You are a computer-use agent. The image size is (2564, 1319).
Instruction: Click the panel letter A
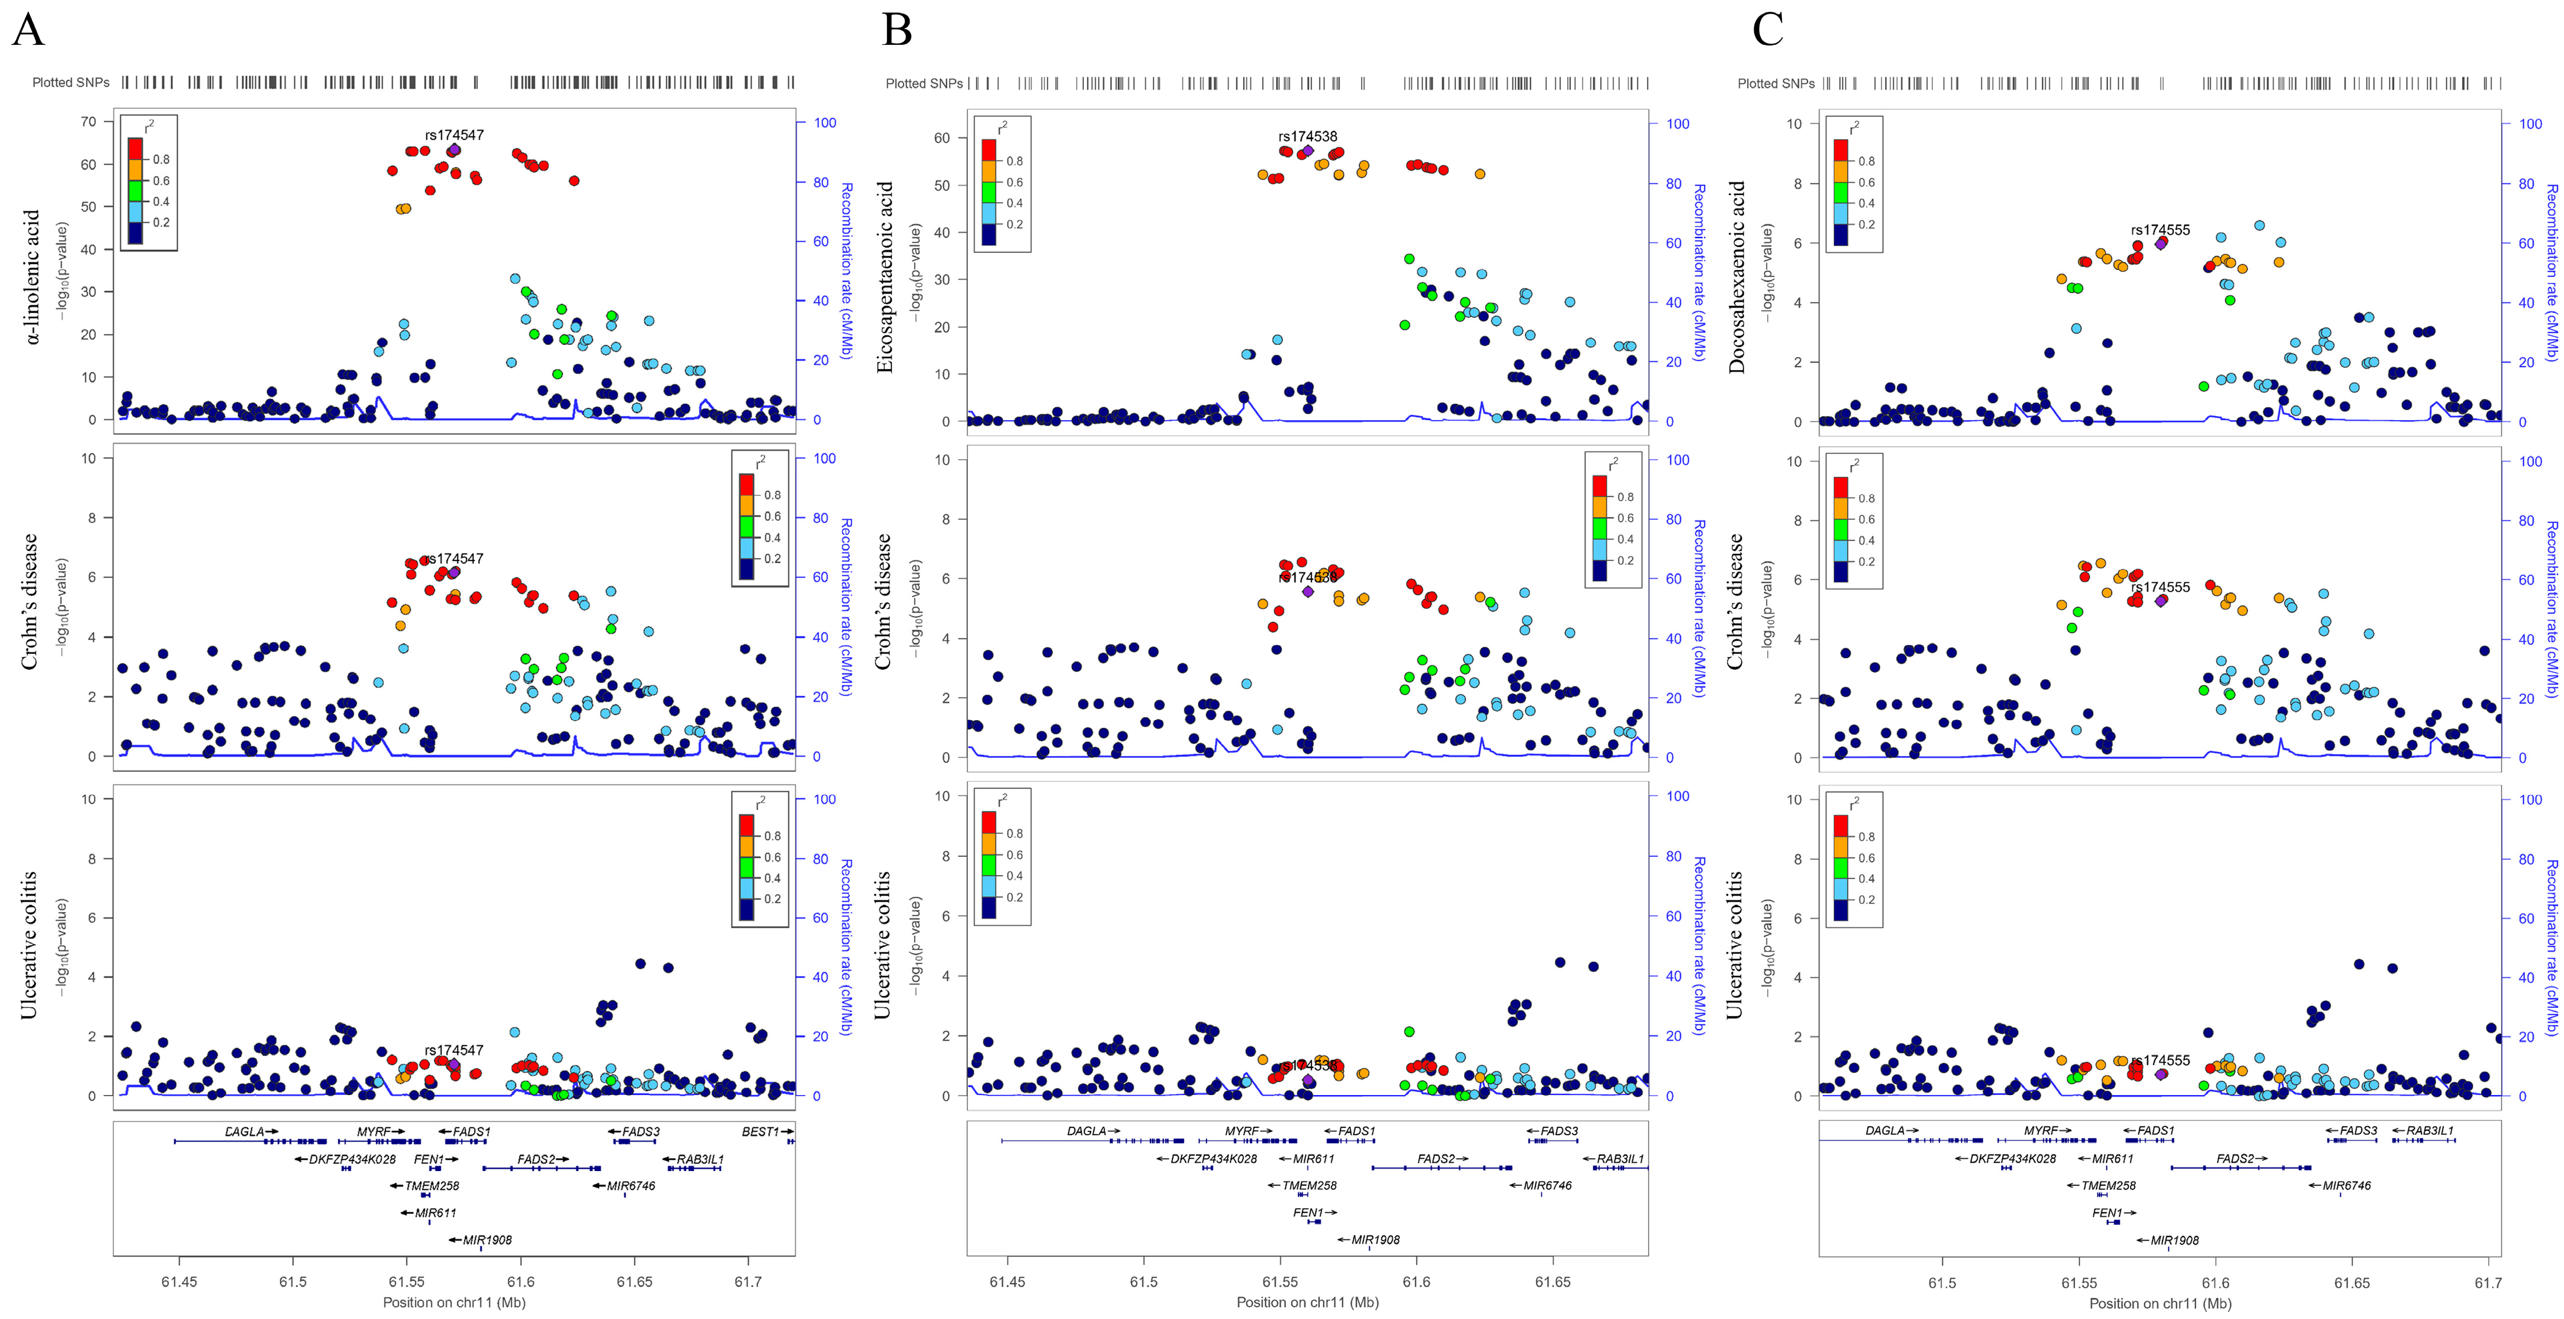28,30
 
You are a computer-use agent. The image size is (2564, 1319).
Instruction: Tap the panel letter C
1768,30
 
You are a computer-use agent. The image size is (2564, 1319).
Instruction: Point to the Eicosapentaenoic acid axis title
884,277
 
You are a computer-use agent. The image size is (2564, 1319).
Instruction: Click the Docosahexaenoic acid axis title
1737,277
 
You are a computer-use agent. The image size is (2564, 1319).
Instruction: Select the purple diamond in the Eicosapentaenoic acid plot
1308,151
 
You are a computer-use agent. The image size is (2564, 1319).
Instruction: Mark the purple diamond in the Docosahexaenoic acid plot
2161,243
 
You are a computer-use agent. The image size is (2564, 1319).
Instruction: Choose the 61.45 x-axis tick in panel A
179,1281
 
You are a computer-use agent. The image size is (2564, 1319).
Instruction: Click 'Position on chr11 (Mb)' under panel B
1307,1302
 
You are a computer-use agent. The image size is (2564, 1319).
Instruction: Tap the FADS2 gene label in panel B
1436,1159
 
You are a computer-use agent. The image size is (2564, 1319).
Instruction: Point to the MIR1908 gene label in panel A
487,1239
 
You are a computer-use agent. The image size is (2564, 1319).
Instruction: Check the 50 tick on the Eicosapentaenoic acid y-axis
941,185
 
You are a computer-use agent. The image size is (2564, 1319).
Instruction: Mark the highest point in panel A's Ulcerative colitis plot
640,964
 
